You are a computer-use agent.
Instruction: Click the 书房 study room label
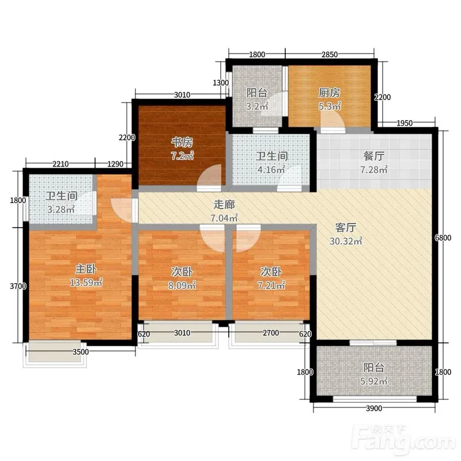[182, 142]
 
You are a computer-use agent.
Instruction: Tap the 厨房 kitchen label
[329, 93]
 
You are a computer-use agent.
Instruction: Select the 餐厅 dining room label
[373, 156]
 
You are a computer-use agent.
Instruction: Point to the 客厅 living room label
[346, 227]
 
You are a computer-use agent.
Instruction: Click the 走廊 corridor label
[224, 205]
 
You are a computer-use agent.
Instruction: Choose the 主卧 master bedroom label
[86, 269]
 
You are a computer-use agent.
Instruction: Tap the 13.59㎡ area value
[86, 282]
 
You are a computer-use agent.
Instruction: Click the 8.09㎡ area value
[182, 285]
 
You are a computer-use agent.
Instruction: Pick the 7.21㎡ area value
[271, 285]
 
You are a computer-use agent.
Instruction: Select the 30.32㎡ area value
[346, 241]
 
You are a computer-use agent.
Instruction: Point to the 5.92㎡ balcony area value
[373, 381]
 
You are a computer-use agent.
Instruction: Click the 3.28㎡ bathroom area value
[61, 209]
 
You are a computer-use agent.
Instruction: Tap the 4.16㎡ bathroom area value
[271, 169]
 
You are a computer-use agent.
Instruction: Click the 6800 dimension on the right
[443, 237]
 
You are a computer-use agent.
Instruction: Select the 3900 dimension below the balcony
[374, 408]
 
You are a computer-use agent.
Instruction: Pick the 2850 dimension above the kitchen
[329, 54]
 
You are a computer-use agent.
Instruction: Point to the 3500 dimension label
[81, 352]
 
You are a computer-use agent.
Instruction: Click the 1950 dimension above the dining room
[405, 123]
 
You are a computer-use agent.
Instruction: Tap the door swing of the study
[210, 176]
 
